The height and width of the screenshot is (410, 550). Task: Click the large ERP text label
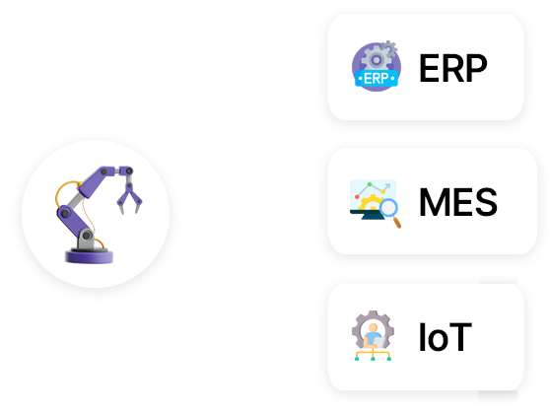[453, 68]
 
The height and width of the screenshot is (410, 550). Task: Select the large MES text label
[458, 202]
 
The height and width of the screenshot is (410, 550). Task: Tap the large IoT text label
[446, 337]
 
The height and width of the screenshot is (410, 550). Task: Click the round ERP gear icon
[376, 66]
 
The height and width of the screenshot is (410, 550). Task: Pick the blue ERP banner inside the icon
[377, 78]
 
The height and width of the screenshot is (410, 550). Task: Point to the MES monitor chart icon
[376, 203]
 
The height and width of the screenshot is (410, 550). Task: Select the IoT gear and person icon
[373, 335]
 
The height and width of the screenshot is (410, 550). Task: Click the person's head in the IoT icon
[373, 327]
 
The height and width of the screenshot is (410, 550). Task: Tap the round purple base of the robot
[89, 255]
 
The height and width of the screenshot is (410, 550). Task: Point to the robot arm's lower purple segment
[73, 221]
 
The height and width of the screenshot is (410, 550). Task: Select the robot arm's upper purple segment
[97, 181]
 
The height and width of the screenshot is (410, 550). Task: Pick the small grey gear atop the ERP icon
[388, 47]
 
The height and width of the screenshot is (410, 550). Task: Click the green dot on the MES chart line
[370, 184]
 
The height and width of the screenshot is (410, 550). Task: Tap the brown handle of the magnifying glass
[397, 223]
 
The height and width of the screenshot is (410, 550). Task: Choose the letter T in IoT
[459, 337]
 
